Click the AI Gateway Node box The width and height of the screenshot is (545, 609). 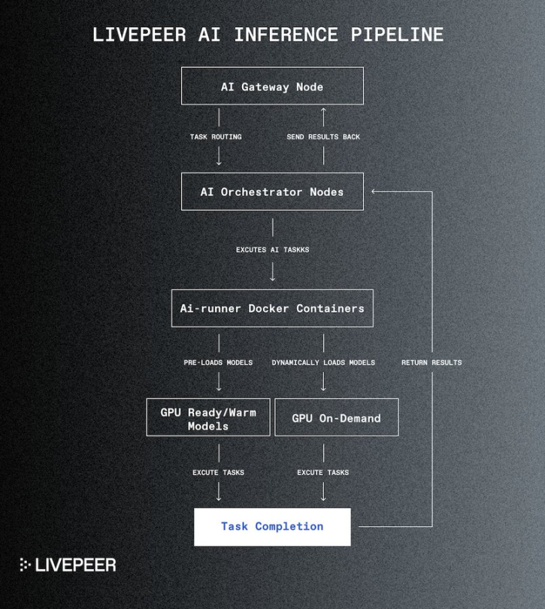coord(272,86)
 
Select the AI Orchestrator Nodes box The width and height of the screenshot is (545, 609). coord(272,192)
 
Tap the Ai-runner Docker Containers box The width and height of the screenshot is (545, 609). coord(272,308)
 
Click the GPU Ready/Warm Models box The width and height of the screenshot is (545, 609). coord(208,419)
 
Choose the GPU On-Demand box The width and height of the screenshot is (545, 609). coord(336,418)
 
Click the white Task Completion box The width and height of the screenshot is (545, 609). coord(272,526)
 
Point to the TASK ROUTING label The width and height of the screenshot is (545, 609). coord(216,137)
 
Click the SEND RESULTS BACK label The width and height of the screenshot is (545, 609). coord(323,137)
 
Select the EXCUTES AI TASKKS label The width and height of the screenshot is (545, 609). coord(272,250)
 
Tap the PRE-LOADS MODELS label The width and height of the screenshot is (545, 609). coord(218,362)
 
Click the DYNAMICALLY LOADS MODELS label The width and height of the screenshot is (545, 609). coord(323,362)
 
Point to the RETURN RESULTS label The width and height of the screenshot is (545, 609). coord(431,362)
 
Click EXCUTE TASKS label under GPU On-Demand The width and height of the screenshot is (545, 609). coord(323,472)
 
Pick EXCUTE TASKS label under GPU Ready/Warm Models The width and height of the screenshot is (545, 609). coord(218,472)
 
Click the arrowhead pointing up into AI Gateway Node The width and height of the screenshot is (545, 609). coord(324,111)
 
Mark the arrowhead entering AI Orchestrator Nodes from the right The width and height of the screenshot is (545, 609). coord(374,192)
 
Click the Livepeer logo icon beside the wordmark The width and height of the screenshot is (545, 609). coord(25,565)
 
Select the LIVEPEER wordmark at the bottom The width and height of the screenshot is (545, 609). coord(77,565)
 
